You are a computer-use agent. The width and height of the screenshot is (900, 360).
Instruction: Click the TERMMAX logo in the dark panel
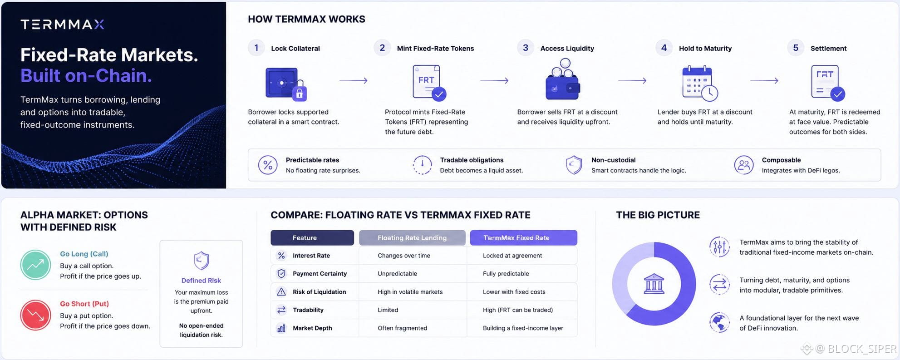pos(63,25)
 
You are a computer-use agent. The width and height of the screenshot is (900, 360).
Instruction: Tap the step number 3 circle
pos(526,48)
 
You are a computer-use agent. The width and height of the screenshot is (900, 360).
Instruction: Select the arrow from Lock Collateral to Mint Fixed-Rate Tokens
pos(354,81)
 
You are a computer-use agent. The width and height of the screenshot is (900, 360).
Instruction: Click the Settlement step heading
pos(828,49)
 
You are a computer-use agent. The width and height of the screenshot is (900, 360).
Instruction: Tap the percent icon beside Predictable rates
pos(268,165)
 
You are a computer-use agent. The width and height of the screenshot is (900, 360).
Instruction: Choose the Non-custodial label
pos(613,160)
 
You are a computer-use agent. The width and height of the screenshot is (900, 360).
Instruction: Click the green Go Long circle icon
pos(35,265)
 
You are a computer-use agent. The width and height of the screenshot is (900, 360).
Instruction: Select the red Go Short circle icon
pos(35,315)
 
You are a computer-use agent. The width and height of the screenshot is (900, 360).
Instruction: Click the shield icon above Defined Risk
pos(201,261)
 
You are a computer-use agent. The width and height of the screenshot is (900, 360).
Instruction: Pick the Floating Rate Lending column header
pos(412,238)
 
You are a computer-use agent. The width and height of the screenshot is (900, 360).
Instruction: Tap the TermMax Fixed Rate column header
pos(523,238)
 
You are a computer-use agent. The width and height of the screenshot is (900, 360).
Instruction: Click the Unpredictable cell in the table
pos(397,274)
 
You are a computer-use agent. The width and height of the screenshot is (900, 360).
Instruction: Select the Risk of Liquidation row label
pos(320,292)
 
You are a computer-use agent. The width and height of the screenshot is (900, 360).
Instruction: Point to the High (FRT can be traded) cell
pos(518,310)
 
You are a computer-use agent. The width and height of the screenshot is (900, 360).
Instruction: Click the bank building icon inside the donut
pos(654,284)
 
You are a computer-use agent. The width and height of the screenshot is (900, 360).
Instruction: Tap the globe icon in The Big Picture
pos(719,323)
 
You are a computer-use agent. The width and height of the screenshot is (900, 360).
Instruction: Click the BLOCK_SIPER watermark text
pos(862,349)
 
